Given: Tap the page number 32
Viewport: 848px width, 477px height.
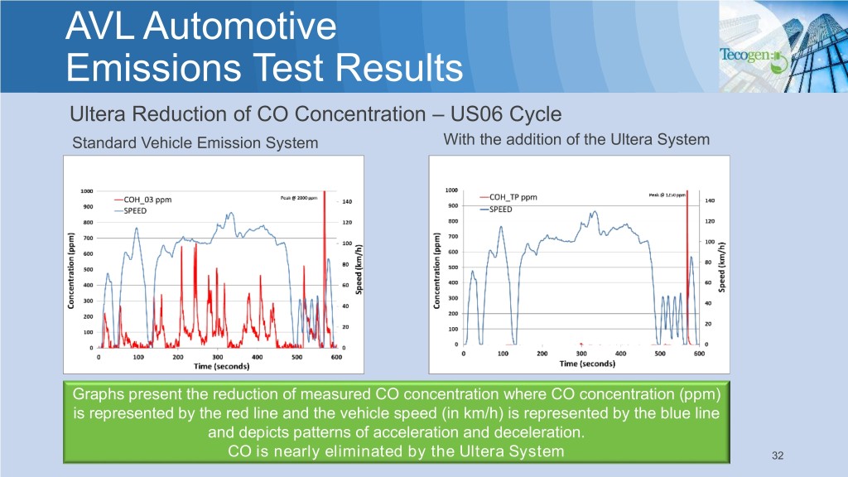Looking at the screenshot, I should pyautogui.click(x=777, y=455).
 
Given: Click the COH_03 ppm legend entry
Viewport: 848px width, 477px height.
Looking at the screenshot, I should pyautogui.click(x=154, y=199).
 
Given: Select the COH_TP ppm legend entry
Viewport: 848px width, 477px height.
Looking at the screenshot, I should pyautogui.click(x=513, y=197).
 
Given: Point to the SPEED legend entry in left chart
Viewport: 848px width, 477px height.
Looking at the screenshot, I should pyautogui.click(x=142, y=211).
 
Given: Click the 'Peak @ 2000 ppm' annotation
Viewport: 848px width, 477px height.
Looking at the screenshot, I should pyautogui.click(x=296, y=197).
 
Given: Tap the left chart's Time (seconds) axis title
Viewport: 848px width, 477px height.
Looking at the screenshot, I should pyautogui.click(x=217, y=366).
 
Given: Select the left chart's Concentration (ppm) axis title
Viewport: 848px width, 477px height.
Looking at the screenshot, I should pyautogui.click(x=71, y=271).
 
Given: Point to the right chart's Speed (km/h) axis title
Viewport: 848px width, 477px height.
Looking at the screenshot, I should pyautogui.click(x=723, y=267).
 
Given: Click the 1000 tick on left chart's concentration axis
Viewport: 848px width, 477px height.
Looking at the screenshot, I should pyautogui.click(x=86, y=190).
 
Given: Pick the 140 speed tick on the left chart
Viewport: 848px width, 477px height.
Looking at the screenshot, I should pyautogui.click(x=347, y=201).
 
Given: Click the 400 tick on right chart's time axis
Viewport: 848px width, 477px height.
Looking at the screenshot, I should pyautogui.click(x=620, y=354).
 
